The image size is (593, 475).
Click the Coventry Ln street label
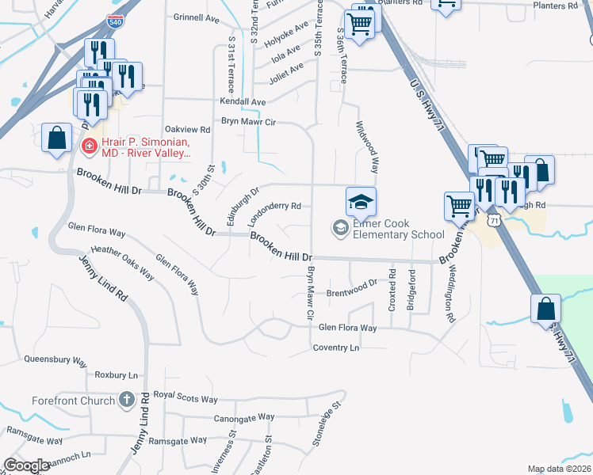(336, 348)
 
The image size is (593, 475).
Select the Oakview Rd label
(187, 129)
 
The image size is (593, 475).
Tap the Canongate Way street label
(243, 416)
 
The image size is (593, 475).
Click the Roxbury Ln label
(116, 374)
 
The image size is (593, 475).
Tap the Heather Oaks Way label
(123, 263)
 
